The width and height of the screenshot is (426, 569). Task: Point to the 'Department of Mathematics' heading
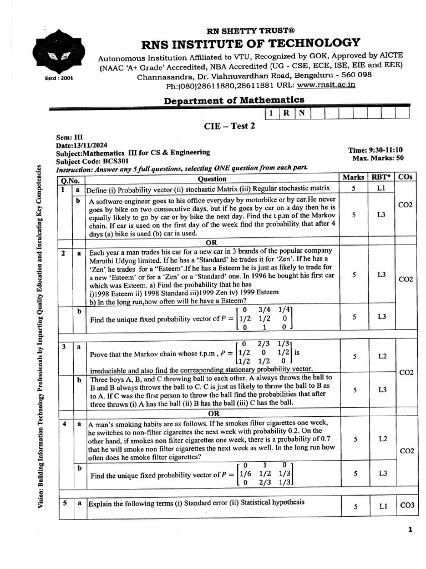click(x=234, y=100)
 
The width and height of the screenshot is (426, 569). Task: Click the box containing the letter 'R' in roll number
click(x=287, y=113)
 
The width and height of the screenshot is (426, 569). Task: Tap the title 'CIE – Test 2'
click(x=230, y=126)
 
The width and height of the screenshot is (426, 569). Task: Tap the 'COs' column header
click(x=405, y=178)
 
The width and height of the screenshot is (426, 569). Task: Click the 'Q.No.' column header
click(x=70, y=179)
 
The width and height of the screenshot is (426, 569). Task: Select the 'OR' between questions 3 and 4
click(x=212, y=413)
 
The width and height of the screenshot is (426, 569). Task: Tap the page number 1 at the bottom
click(x=410, y=530)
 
